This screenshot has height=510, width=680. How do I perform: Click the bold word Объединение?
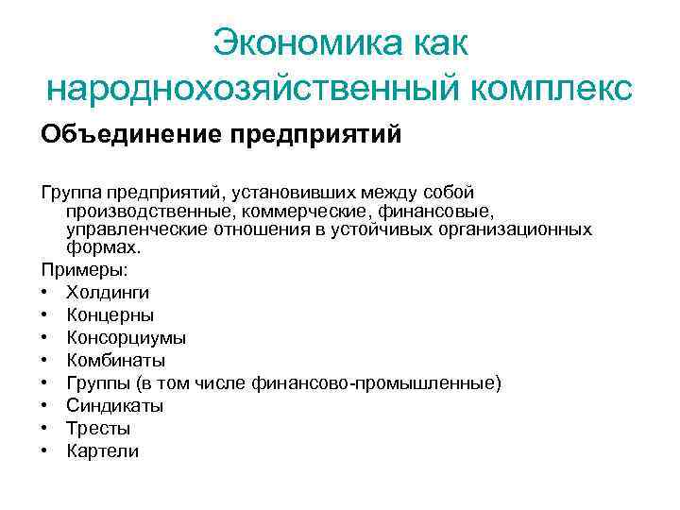click(127, 134)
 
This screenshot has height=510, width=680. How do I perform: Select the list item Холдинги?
click(108, 293)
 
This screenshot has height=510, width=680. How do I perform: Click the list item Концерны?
click(110, 315)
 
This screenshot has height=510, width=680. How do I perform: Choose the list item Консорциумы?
click(127, 338)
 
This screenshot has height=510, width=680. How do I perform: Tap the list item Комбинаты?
click(116, 361)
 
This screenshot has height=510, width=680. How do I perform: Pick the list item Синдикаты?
click(115, 406)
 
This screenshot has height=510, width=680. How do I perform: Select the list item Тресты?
click(98, 429)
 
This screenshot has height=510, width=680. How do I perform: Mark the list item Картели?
click(102, 451)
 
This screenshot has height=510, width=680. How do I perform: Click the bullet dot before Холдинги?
click(44, 293)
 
